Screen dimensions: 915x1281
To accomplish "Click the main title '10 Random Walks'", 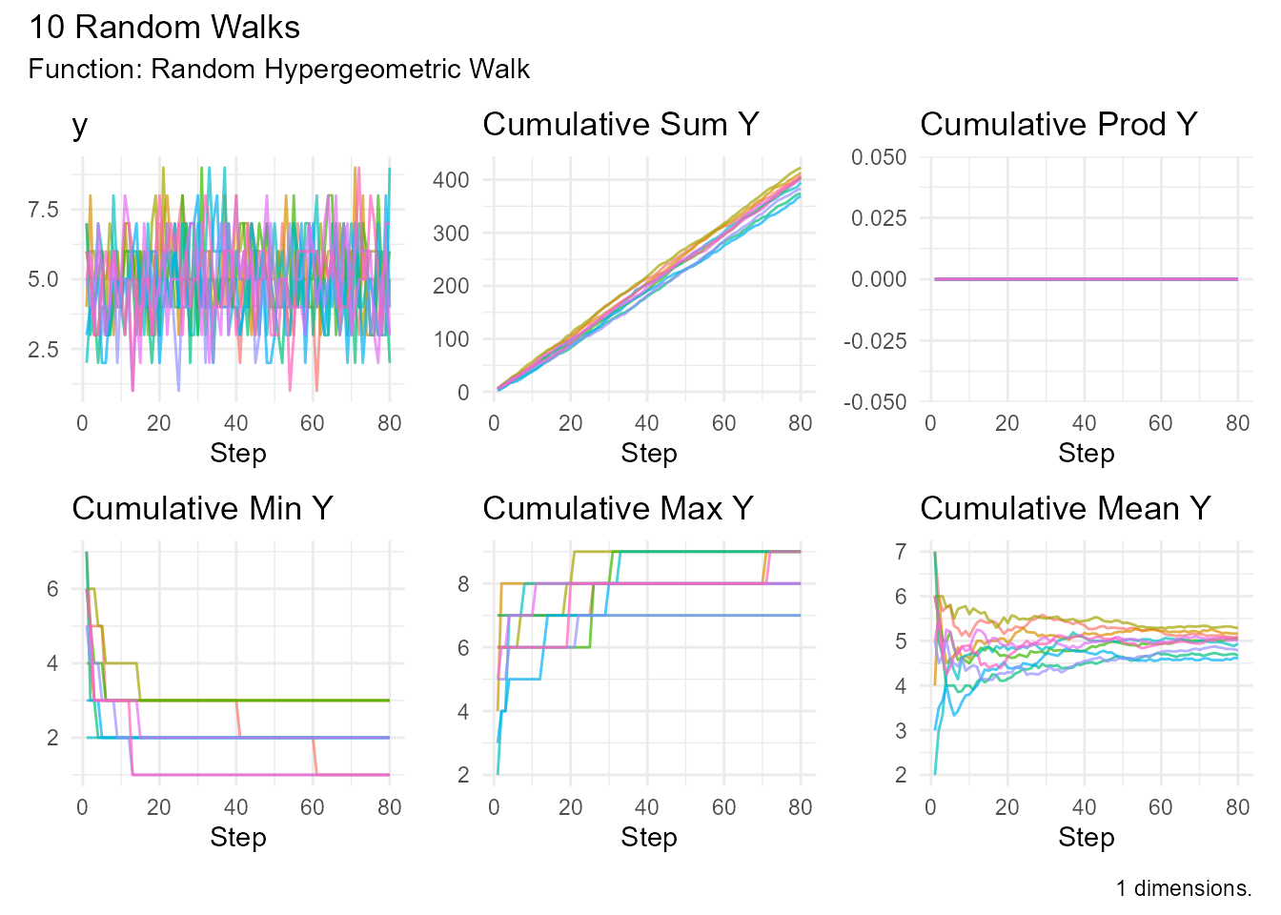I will pos(164,28).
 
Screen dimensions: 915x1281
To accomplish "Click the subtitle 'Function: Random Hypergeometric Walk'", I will pos(278,70).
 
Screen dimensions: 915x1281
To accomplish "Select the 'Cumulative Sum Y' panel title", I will pos(620,125).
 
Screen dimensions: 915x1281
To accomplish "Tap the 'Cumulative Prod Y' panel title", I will pos(1058,125).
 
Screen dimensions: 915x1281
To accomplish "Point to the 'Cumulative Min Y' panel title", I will pos(202,509).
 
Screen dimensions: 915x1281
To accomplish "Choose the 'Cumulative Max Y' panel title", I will pos(618,509).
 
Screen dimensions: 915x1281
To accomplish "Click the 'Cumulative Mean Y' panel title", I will pos(1065,509).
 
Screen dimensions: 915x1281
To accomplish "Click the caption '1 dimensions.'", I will pos(1184,889).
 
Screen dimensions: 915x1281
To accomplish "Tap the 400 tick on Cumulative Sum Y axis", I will pos(450,180).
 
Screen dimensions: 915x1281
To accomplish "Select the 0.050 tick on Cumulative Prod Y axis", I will pos(879,157).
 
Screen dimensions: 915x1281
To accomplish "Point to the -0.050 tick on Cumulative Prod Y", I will pos(875,402).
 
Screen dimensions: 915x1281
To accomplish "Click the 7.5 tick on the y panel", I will pos(43,210).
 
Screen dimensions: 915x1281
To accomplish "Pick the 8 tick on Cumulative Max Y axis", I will pos(463,584).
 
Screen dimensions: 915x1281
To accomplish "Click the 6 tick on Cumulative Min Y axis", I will pos(52,589).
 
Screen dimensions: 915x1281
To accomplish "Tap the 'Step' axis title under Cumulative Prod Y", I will pos(1086,454).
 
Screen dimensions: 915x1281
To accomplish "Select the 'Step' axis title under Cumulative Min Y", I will pos(237,838).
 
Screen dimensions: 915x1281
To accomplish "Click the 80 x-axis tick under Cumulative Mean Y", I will pos(1237,808).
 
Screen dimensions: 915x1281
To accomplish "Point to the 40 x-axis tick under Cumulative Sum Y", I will pos(646,424).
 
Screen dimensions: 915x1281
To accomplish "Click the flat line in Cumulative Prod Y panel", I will pos(1086,279).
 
